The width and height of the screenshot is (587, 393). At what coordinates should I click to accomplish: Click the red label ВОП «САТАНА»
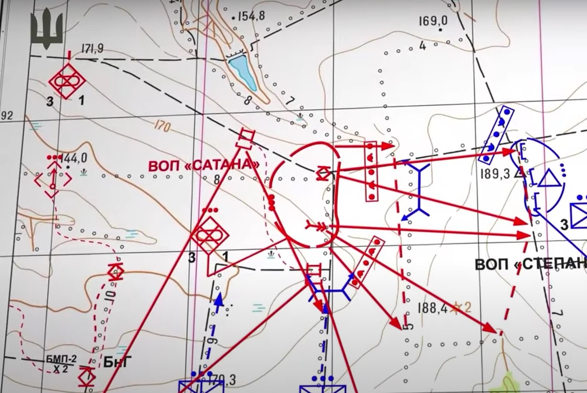point(204,165)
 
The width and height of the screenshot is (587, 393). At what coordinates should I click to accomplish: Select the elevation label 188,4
point(432,308)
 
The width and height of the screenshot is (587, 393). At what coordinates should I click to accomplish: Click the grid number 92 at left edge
point(6,115)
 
